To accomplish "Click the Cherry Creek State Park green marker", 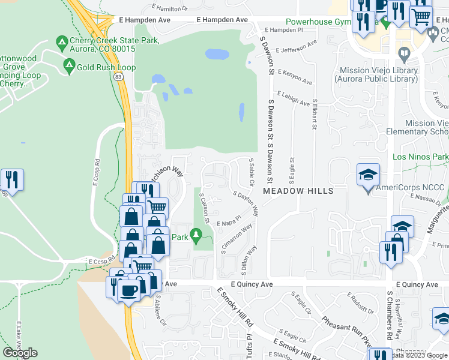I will pyautogui.click(x=61, y=43).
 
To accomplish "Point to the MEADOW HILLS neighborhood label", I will pyautogui.click(x=298, y=191).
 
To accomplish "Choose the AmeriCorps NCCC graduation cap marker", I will pyautogui.click(x=369, y=176).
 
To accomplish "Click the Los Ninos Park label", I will pyautogui.click(x=420, y=157).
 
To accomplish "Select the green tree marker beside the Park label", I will pyautogui.click(x=195, y=236).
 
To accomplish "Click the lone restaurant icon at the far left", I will pyautogui.click(x=11, y=179).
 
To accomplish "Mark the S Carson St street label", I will pyautogui.click(x=203, y=208).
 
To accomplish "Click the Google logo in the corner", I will pyautogui.click(x=20, y=353).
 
